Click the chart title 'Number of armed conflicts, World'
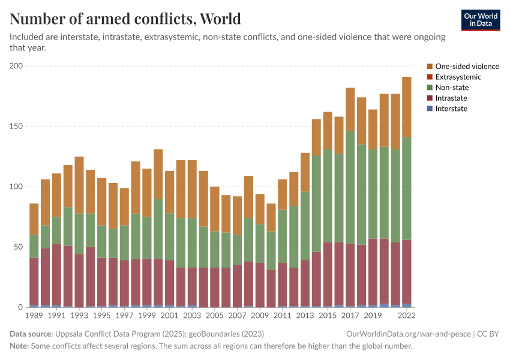(125, 19)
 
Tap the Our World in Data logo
(480, 20)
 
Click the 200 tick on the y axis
(16, 66)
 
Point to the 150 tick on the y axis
(16, 127)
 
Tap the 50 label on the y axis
(18, 247)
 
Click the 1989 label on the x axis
(34, 314)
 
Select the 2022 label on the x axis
(406, 314)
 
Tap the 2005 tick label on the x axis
(215, 314)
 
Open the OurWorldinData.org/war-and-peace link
(409, 334)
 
